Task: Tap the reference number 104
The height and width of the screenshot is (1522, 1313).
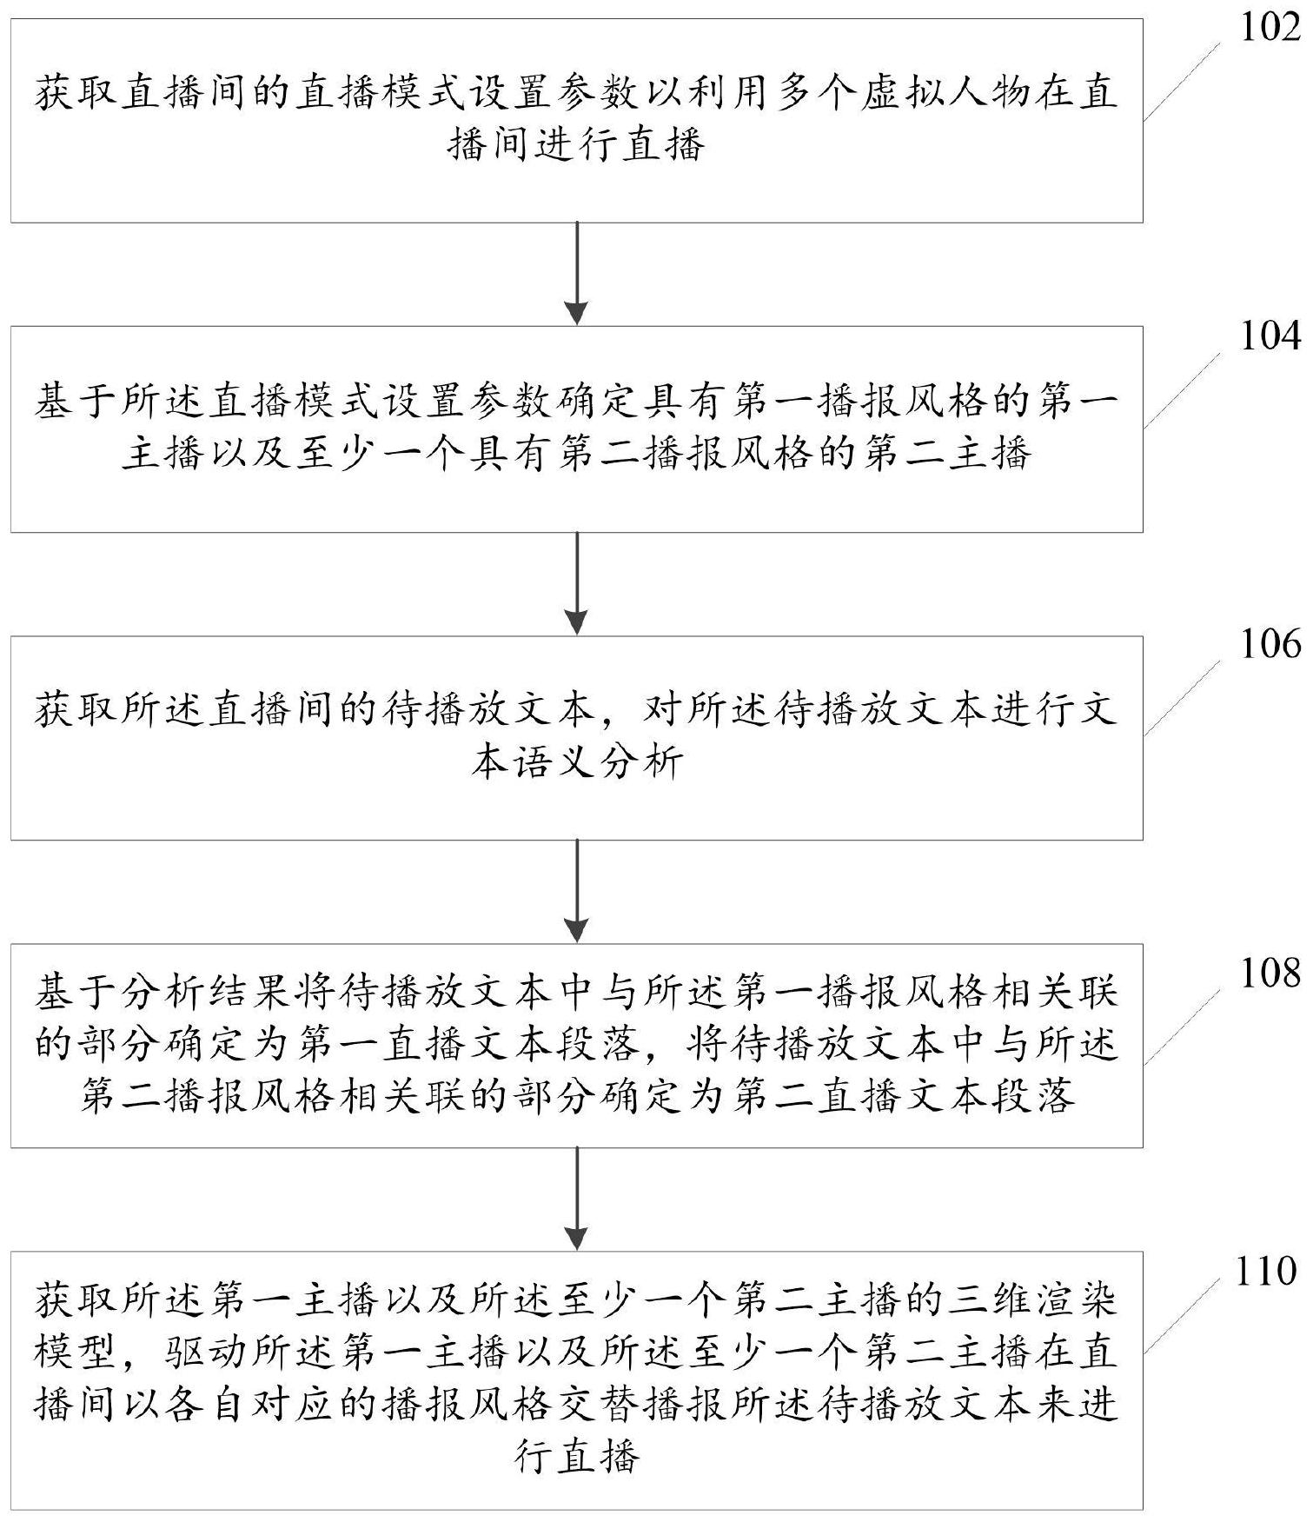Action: (1270, 336)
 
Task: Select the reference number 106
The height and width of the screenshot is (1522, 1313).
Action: (1270, 644)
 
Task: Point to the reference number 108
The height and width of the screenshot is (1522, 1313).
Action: (1270, 973)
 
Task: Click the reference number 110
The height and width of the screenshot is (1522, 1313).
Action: (1264, 1271)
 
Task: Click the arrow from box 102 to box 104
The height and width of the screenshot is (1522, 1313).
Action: (576, 274)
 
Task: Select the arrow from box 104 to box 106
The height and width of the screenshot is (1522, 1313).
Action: (576, 583)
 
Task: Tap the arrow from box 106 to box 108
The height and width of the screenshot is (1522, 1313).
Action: (576, 891)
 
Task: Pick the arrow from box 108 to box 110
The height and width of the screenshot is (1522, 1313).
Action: (576, 1199)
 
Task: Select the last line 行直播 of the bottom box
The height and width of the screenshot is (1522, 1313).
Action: (578, 1456)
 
